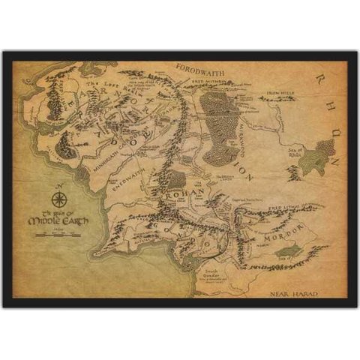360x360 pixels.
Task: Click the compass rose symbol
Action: [58, 199]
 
